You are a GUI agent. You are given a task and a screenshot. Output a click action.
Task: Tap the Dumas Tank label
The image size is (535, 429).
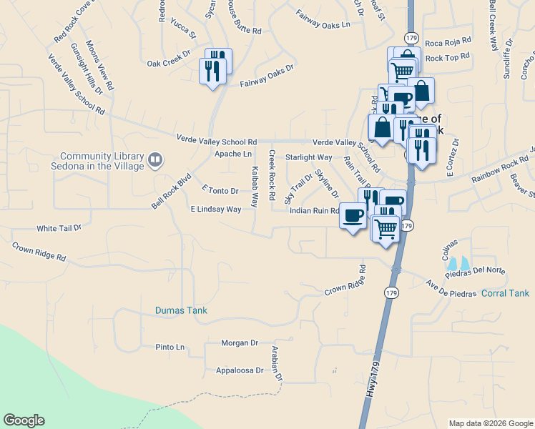click(181, 310)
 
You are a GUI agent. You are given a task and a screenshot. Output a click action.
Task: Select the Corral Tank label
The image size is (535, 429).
click(505, 293)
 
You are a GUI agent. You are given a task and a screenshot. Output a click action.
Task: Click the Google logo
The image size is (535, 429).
click(24, 420)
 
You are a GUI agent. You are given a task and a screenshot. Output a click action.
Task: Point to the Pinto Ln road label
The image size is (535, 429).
click(170, 347)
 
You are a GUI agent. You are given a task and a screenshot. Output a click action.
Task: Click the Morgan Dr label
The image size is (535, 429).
click(239, 343)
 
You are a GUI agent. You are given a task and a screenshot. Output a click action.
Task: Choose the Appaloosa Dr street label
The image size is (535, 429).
click(240, 371)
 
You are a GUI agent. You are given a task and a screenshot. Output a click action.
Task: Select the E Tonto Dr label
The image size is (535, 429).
click(220, 191)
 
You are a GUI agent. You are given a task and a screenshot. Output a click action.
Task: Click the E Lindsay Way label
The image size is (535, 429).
click(215, 209)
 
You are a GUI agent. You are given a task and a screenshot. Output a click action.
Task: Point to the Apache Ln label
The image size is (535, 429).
click(233, 154)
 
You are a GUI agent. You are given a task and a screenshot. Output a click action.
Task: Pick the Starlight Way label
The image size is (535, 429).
click(308, 157)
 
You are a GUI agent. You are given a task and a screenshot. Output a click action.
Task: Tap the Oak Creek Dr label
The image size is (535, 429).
click(169, 63)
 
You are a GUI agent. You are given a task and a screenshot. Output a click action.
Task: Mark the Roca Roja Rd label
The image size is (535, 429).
click(448, 41)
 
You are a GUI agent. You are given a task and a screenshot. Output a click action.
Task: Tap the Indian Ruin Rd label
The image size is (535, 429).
click(313, 211)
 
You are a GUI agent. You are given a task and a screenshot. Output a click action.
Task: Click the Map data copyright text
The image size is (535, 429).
click(489, 423)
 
